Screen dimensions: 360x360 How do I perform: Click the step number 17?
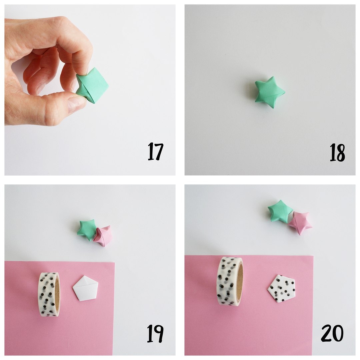155,151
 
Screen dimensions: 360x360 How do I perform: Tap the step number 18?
337,152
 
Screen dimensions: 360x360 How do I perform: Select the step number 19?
155,333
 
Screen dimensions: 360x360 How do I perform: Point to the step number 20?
332,333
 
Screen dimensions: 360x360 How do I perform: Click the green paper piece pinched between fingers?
92,85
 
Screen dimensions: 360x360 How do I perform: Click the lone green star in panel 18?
270,92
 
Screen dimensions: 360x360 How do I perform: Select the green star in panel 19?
87,230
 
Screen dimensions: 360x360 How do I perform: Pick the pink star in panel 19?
103,236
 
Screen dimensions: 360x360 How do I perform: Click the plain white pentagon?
85,288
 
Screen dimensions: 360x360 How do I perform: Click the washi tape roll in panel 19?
49,294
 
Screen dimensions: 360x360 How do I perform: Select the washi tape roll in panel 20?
230,281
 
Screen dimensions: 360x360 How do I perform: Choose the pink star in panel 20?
300,222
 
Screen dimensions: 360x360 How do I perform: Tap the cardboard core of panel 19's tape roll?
57,295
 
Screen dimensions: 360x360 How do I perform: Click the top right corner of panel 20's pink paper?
313,256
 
